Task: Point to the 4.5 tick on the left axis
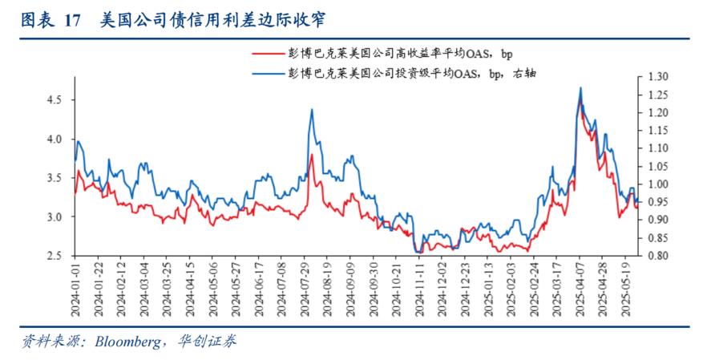(54, 100)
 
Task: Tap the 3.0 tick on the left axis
(54, 217)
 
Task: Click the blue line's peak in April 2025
(580, 87)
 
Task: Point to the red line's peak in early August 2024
(311, 155)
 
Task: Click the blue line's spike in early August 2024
(311, 110)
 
